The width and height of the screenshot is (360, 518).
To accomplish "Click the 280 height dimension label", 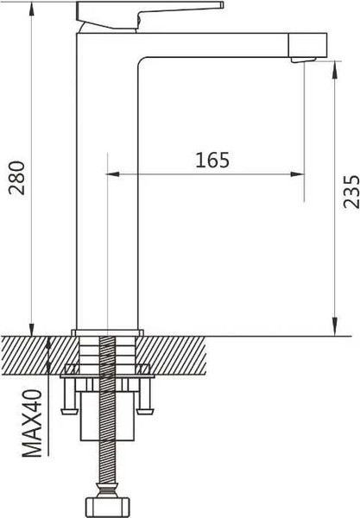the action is (17, 178).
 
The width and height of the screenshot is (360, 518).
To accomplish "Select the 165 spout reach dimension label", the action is (212, 161).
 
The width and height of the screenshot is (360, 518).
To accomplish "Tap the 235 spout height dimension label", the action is (351, 192).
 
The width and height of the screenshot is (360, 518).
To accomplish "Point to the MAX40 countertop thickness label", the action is (32, 424).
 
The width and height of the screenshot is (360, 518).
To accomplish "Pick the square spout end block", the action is (308, 45).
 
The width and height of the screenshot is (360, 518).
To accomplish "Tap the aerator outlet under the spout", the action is (303, 60).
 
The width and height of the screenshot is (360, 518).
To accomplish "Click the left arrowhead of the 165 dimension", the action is (112, 174).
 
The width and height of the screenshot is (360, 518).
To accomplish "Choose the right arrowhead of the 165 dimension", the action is (297, 174).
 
